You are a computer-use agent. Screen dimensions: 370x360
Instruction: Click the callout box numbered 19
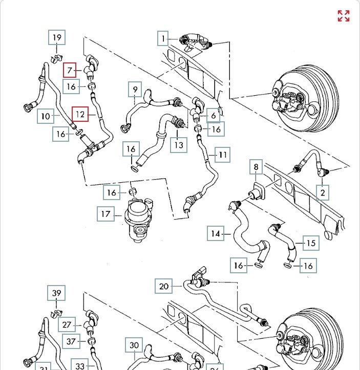click(x=57, y=37)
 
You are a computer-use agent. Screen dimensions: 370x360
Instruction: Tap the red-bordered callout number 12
click(x=80, y=114)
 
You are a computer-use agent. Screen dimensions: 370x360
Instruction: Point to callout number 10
click(x=46, y=116)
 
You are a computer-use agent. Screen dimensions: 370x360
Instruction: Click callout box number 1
click(x=163, y=38)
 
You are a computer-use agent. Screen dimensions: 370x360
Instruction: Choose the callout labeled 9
click(x=135, y=90)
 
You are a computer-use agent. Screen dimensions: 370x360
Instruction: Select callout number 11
click(x=223, y=155)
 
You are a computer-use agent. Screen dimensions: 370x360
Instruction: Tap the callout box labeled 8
click(x=256, y=167)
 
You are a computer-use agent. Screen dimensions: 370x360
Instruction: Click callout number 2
click(x=323, y=192)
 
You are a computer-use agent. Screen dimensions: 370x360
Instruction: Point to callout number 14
click(x=216, y=234)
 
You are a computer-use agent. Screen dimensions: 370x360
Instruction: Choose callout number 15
click(x=310, y=243)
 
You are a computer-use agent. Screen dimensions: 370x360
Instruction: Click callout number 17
click(x=105, y=214)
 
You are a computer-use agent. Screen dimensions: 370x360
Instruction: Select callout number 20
click(x=164, y=286)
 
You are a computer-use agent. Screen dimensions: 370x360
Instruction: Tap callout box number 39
click(x=57, y=293)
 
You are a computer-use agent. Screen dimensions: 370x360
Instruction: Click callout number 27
click(x=67, y=325)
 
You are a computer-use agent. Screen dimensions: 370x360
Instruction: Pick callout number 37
click(x=71, y=341)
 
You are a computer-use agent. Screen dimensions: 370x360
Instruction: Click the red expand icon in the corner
click(x=343, y=16)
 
